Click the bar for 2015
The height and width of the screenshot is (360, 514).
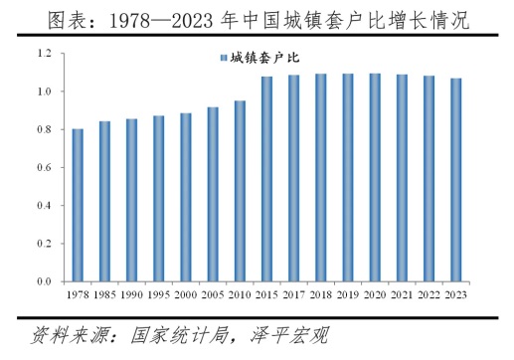click(x=266, y=179)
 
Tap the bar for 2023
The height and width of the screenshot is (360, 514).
click(x=455, y=180)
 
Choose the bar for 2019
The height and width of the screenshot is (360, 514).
click(x=347, y=178)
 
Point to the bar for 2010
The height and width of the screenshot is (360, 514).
click(x=240, y=191)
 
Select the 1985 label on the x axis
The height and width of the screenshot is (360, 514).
click(x=104, y=294)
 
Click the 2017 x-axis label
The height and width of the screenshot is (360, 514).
click(x=293, y=294)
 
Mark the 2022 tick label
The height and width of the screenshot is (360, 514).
click(x=428, y=294)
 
